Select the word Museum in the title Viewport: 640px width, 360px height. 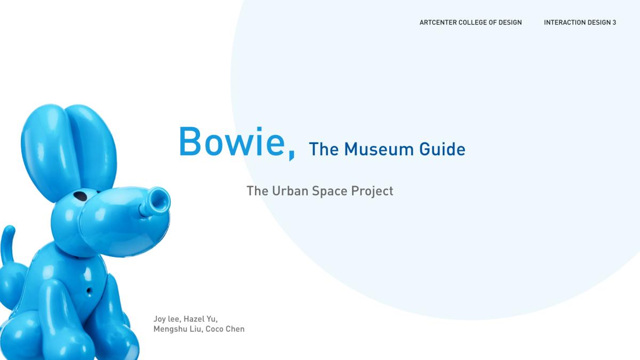click(x=379, y=149)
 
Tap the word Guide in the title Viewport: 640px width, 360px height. click(x=442, y=149)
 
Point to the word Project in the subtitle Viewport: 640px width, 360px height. click(x=372, y=191)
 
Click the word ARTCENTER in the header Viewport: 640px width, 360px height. click(x=438, y=22)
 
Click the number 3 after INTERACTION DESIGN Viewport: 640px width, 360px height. click(x=614, y=22)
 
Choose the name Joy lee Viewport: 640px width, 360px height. click(x=167, y=319)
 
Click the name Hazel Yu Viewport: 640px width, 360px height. click(x=201, y=319)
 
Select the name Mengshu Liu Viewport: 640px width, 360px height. click(x=178, y=329)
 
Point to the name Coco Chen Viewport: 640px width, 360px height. click(x=225, y=329)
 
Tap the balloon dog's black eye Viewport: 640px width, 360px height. click(x=81, y=196)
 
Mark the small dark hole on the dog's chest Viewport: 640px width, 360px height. click(x=89, y=291)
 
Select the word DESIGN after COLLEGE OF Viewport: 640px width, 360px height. click(x=510, y=22)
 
